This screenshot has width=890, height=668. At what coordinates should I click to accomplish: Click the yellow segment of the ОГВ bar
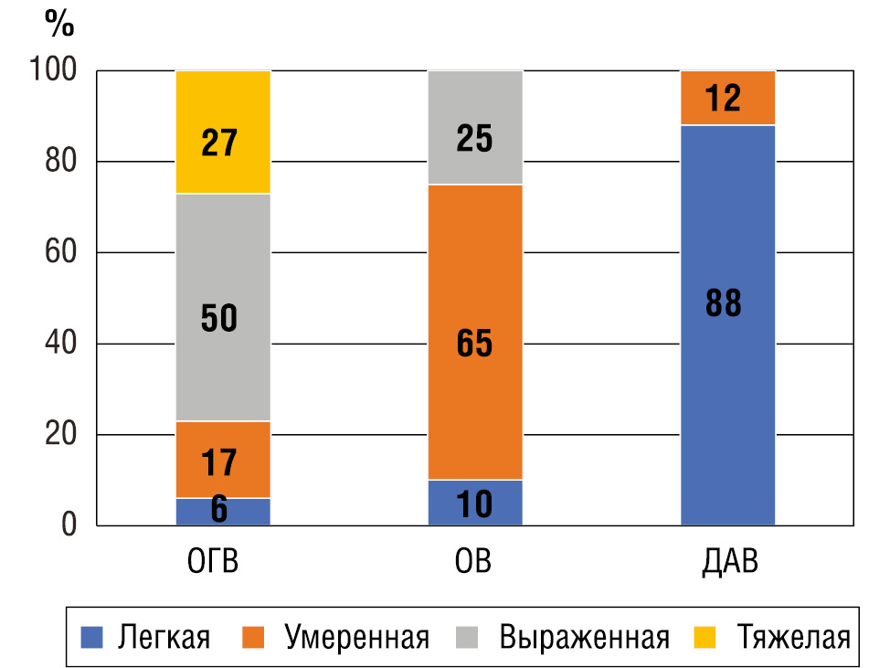[x=223, y=132]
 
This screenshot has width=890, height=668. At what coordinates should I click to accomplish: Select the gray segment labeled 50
[x=223, y=307]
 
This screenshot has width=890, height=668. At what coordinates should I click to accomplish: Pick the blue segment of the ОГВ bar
[x=223, y=512]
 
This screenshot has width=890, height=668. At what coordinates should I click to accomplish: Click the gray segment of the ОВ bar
[x=475, y=127]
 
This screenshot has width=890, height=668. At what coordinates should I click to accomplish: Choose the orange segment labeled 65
[x=475, y=332]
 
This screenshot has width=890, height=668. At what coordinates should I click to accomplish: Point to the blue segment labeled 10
[x=475, y=503]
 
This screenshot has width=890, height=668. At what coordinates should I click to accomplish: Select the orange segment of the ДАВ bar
[x=728, y=97]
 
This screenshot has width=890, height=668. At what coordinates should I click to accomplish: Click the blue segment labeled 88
[x=728, y=324]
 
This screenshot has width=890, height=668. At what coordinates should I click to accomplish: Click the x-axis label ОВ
[x=473, y=560]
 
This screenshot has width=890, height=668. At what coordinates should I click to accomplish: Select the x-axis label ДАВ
[x=727, y=560]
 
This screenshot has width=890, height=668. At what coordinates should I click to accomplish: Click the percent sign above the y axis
[x=59, y=25]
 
